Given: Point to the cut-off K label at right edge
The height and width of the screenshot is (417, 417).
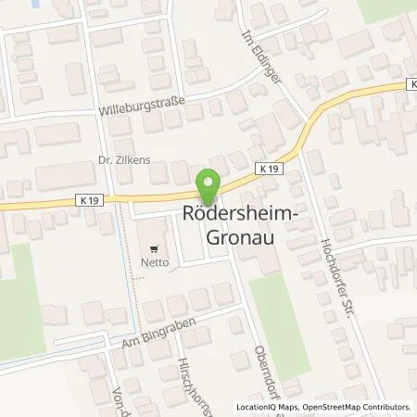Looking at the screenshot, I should pyautogui.click(x=411, y=84).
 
